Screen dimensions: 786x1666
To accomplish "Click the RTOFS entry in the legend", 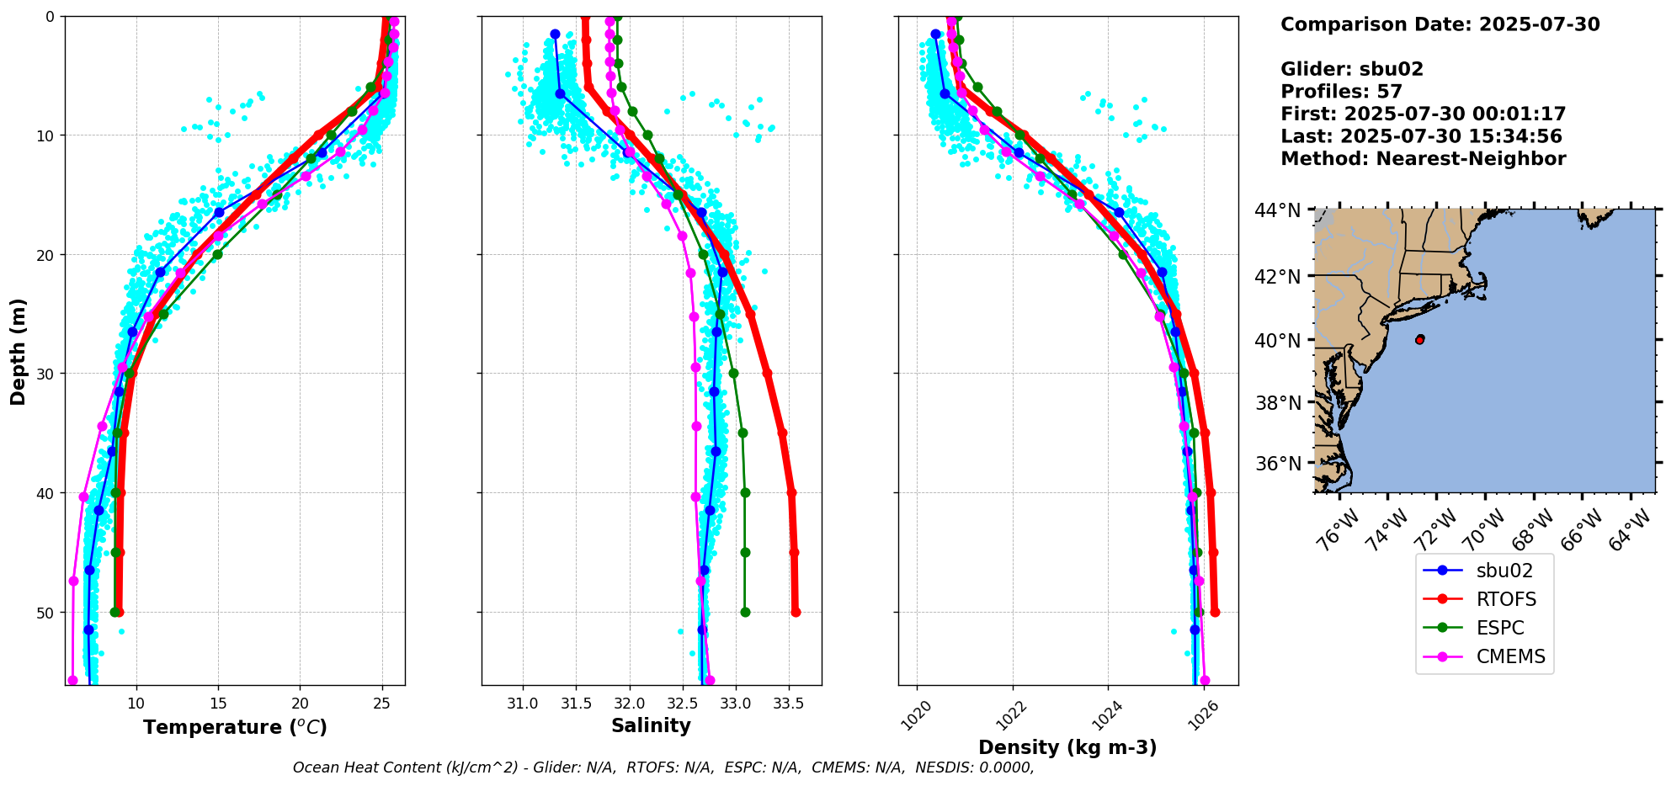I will pyautogui.click(x=1505, y=599).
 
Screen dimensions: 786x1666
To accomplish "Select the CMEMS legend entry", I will pyautogui.click(x=1510, y=656).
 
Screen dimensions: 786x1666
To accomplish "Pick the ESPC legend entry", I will pyautogui.click(x=1500, y=628).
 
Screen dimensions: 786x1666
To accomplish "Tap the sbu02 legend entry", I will pyautogui.click(x=1504, y=571).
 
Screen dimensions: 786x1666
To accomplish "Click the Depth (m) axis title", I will pyautogui.click(x=18, y=351).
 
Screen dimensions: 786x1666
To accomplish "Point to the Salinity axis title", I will pyautogui.click(x=651, y=725).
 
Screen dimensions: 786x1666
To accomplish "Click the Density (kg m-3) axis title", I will pyautogui.click(x=1067, y=747).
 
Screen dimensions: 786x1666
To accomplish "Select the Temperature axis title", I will pyautogui.click(x=235, y=727).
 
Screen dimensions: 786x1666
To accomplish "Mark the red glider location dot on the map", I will pyautogui.click(x=1420, y=339).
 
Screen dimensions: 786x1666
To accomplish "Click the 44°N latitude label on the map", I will pyautogui.click(x=1278, y=210).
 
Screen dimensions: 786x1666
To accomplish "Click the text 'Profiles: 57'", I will pyautogui.click(x=1341, y=92).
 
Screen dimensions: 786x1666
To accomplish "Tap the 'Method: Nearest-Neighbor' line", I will pyautogui.click(x=1423, y=159).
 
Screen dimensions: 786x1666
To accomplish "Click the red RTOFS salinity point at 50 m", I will pyautogui.click(x=796, y=612).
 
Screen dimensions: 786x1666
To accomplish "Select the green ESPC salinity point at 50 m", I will pyautogui.click(x=745, y=612).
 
